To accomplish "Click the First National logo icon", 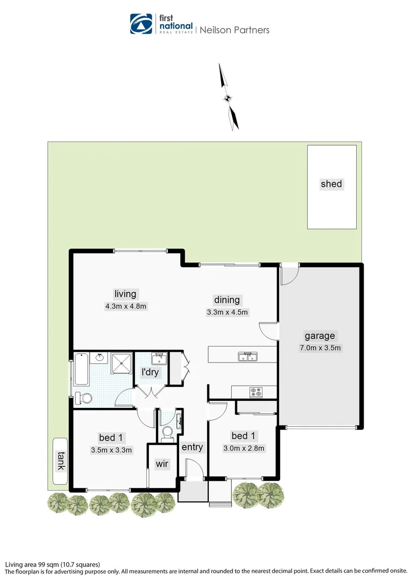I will point(141,24).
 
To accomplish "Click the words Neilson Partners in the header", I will point(235,30).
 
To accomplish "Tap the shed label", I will point(331,184).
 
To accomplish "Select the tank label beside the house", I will point(60,461).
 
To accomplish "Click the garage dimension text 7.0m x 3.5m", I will point(320,348).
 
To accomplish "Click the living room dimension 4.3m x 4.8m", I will point(126,306).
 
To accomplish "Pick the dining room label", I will point(227,300).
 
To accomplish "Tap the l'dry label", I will point(150,372).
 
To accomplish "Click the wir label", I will point(162,464).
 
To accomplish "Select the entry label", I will point(192,447).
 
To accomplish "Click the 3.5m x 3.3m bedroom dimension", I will point(112,450).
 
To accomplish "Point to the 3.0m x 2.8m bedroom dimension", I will point(244,448).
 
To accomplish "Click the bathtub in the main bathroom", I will point(82,369).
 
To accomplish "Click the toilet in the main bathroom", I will point(84,398).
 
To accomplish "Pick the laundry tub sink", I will point(158,358).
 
